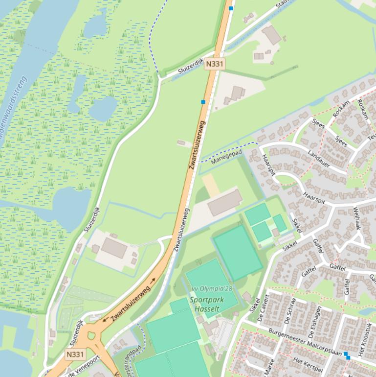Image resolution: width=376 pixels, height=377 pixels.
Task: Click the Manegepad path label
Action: [x=226, y=158]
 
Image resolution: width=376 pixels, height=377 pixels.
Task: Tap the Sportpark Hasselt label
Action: [x=204, y=304]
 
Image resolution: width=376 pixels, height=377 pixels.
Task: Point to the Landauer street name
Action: [x=319, y=160]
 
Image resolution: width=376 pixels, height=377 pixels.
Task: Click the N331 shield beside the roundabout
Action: [x=75, y=354]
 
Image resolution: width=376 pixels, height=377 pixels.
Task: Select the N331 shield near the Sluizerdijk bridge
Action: [x=215, y=64]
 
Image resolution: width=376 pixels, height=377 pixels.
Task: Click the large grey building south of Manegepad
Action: [x=225, y=203]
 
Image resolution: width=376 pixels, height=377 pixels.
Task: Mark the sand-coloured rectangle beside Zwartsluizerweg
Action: [x=211, y=186]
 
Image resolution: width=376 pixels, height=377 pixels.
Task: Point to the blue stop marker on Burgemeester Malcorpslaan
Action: [x=347, y=355]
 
